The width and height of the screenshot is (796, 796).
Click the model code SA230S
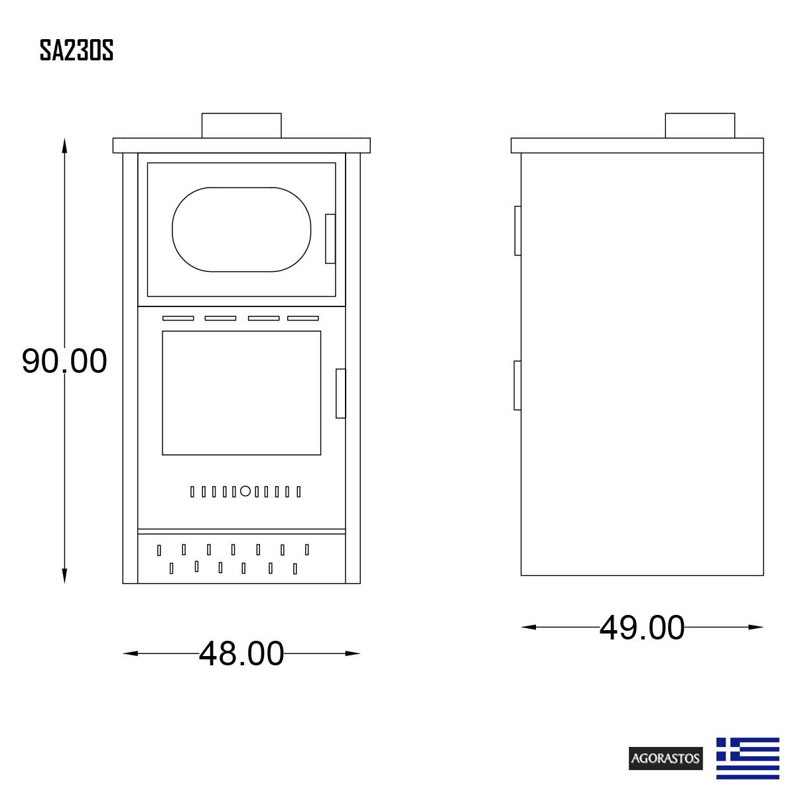76,50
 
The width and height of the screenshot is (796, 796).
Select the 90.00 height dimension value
64,362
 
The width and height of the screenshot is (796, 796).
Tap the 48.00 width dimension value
241,653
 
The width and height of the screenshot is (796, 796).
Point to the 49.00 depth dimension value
642,628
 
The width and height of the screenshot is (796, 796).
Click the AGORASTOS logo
665,758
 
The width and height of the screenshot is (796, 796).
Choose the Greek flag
748,758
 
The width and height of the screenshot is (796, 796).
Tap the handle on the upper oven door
330,239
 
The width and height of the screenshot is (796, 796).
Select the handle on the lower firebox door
340,393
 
